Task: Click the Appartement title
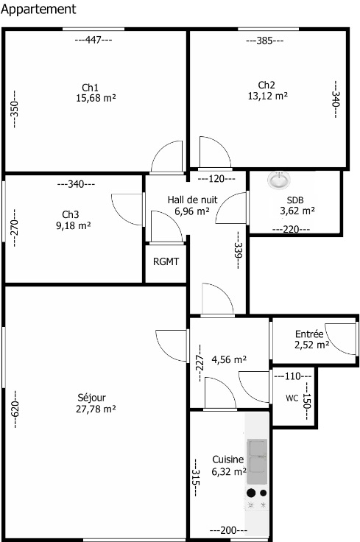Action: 38,10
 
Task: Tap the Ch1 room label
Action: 90,87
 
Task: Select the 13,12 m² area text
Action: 268,96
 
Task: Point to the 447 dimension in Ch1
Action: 93,40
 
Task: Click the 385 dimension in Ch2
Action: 264,41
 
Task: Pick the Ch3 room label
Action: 71,214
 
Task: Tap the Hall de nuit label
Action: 192,200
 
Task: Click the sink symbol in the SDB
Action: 279,180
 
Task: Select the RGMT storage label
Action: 166,261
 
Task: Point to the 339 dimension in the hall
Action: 239,250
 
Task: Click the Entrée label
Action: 309,334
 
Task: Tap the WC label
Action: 292,398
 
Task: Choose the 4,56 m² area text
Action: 229,359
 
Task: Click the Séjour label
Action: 91,398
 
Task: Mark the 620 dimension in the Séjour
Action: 15,409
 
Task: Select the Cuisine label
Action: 227,460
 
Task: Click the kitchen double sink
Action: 257,461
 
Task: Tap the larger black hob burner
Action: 251,493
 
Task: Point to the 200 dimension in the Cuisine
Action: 228,530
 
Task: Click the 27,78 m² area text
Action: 96,409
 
